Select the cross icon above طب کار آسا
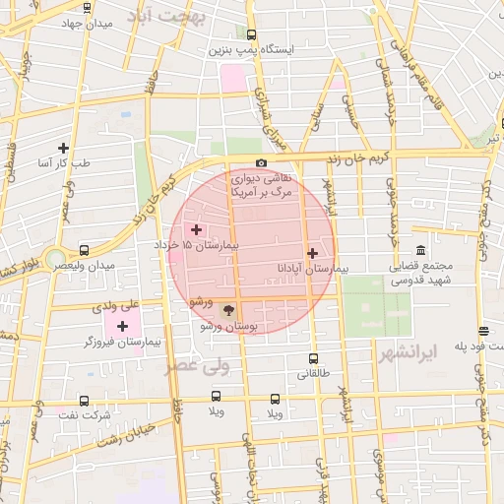click(x=64, y=148)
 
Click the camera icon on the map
click(x=261, y=163)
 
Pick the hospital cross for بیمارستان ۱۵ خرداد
click(x=196, y=228)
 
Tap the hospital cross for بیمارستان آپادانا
click(x=313, y=253)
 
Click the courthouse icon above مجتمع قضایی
click(x=421, y=250)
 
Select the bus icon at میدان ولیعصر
click(x=84, y=250)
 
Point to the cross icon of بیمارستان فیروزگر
click(x=122, y=326)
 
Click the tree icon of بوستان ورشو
click(x=228, y=310)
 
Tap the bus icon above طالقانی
click(x=314, y=359)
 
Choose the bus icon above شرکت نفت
click(x=84, y=402)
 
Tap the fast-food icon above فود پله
click(x=483, y=331)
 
